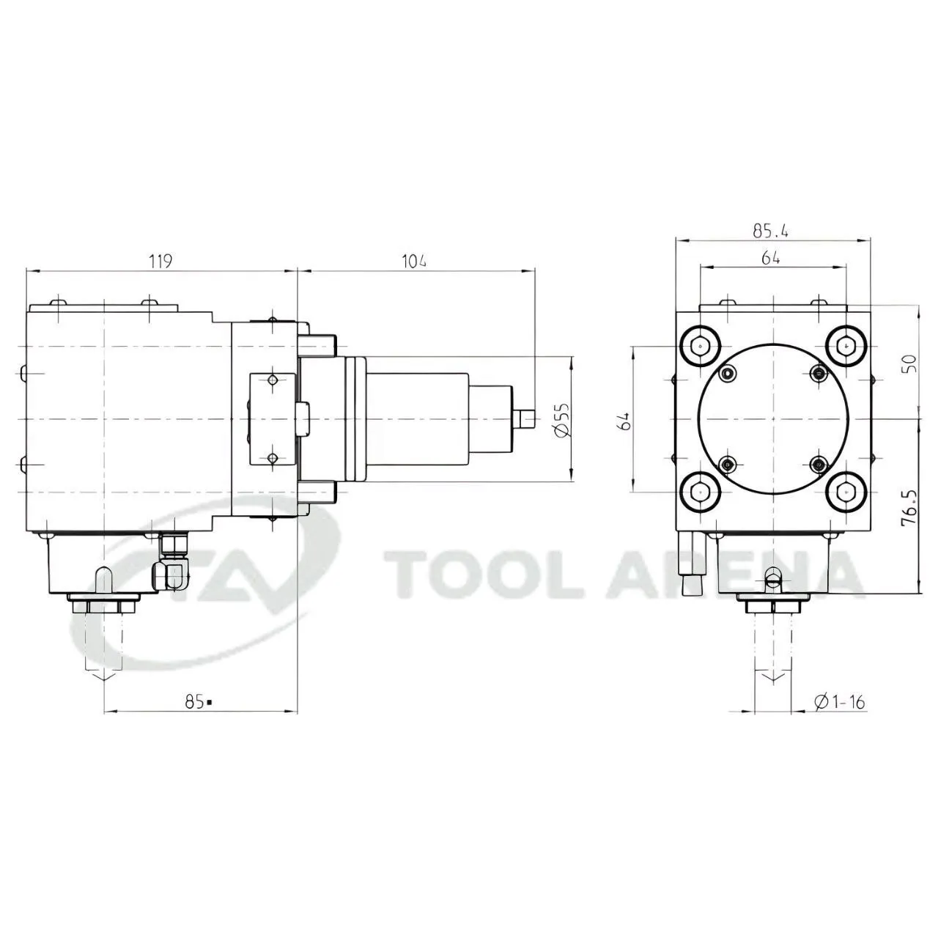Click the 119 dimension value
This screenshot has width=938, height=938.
160,262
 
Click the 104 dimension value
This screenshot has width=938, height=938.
414,262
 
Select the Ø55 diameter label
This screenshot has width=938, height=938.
561,420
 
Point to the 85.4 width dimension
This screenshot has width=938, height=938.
770,231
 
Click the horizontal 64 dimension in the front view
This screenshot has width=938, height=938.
770,259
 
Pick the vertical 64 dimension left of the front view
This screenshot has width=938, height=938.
624,421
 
